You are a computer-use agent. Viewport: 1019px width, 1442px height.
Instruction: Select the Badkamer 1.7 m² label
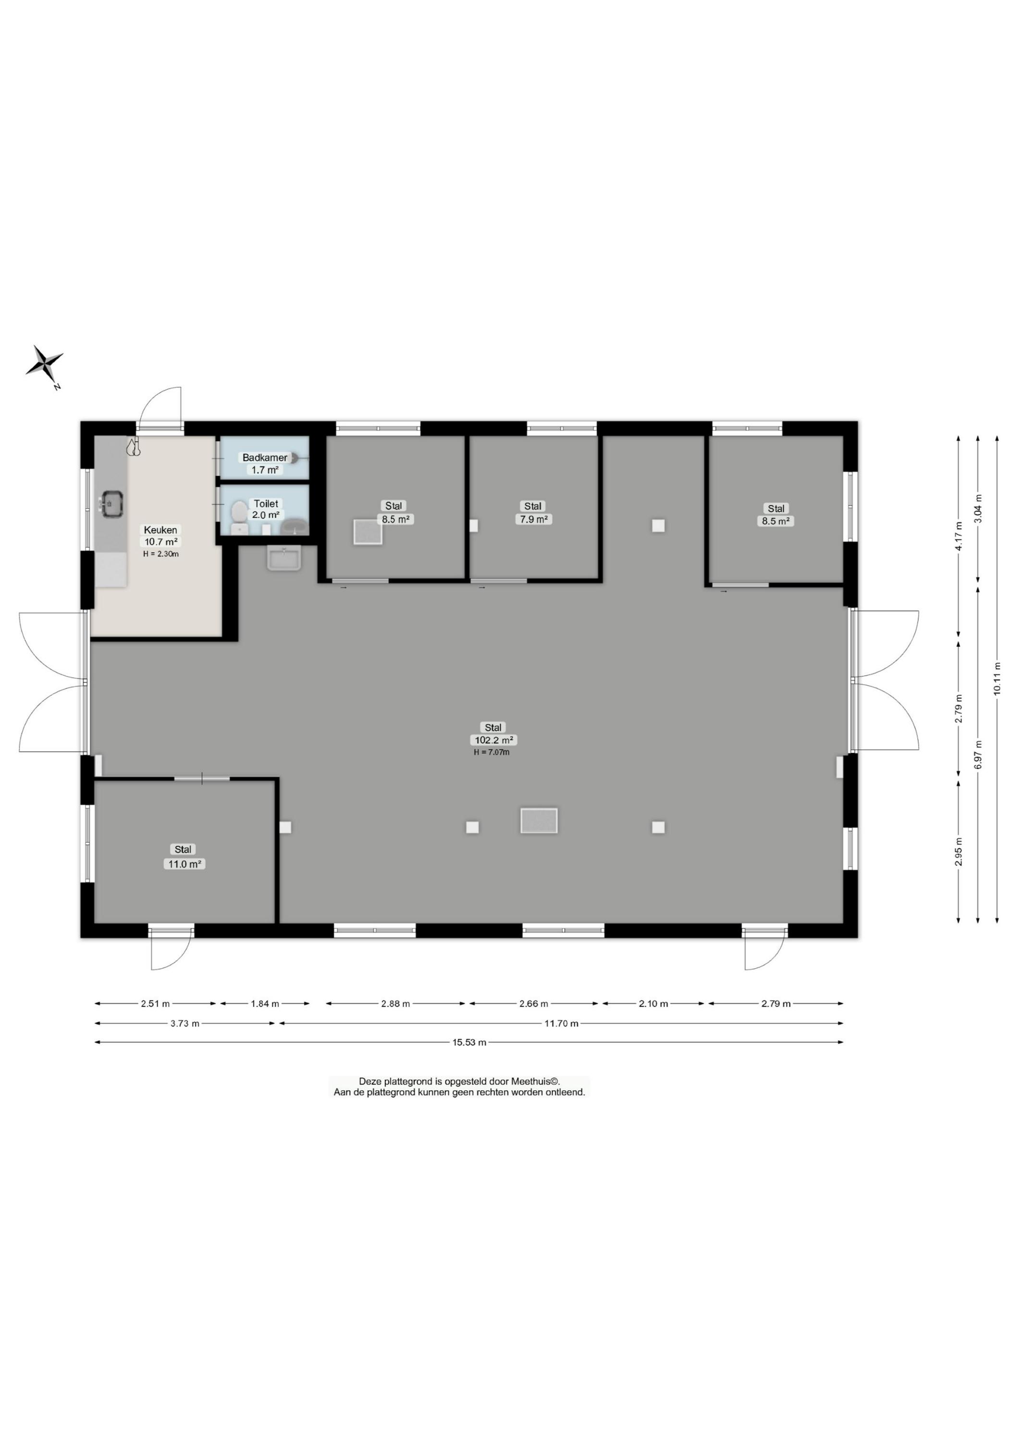(x=265, y=463)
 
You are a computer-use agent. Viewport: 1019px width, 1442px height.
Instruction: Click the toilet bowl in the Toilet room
(x=239, y=512)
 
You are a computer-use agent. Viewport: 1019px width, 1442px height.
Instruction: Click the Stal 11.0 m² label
(x=184, y=857)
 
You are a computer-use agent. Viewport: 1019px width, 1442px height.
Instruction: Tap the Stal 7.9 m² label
(x=534, y=512)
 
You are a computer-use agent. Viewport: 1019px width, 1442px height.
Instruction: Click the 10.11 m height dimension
(x=997, y=680)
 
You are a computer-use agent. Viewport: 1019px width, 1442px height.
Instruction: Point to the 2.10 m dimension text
(x=653, y=1004)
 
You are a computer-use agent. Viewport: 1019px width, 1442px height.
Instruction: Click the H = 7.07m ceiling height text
(x=491, y=752)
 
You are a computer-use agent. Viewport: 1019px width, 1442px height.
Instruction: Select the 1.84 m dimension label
(x=265, y=1004)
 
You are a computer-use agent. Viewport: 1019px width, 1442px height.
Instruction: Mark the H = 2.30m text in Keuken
(x=161, y=554)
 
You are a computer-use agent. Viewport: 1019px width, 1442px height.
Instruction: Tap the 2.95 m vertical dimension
(x=959, y=852)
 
